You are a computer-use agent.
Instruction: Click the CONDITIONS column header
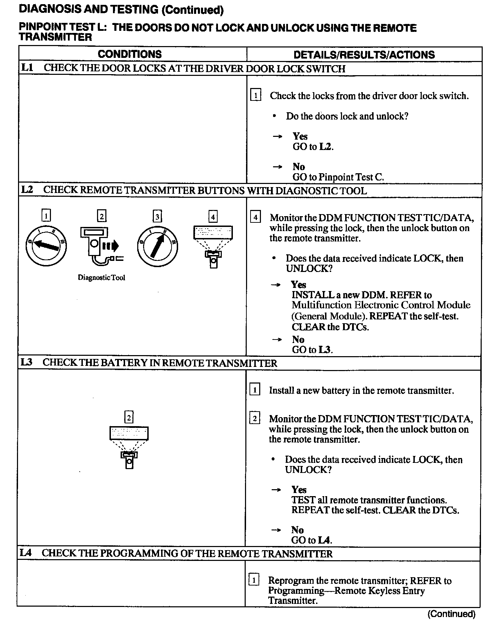click(x=130, y=54)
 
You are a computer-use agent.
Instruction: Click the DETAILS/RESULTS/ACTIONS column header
click(x=364, y=55)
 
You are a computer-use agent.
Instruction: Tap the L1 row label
click(x=27, y=68)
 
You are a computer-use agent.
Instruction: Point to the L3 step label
click(x=26, y=362)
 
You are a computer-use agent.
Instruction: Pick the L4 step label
click(x=26, y=553)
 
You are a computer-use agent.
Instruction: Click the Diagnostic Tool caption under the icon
click(x=101, y=278)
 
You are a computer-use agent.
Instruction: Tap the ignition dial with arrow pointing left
click(x=46, y=246)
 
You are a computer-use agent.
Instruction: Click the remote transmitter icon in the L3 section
click(x=129, y=447)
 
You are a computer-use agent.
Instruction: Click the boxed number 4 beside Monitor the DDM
click(x=255, y=218)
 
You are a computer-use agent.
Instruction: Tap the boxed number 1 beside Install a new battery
click(x=254, y=390)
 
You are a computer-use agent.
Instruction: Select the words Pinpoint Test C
click(x=351, y=177)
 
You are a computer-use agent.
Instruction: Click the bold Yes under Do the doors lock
click(x=300, y=136)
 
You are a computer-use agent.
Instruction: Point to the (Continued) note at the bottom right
click(x=451, y=614)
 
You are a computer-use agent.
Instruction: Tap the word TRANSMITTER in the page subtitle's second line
click(x=55, y=37)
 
